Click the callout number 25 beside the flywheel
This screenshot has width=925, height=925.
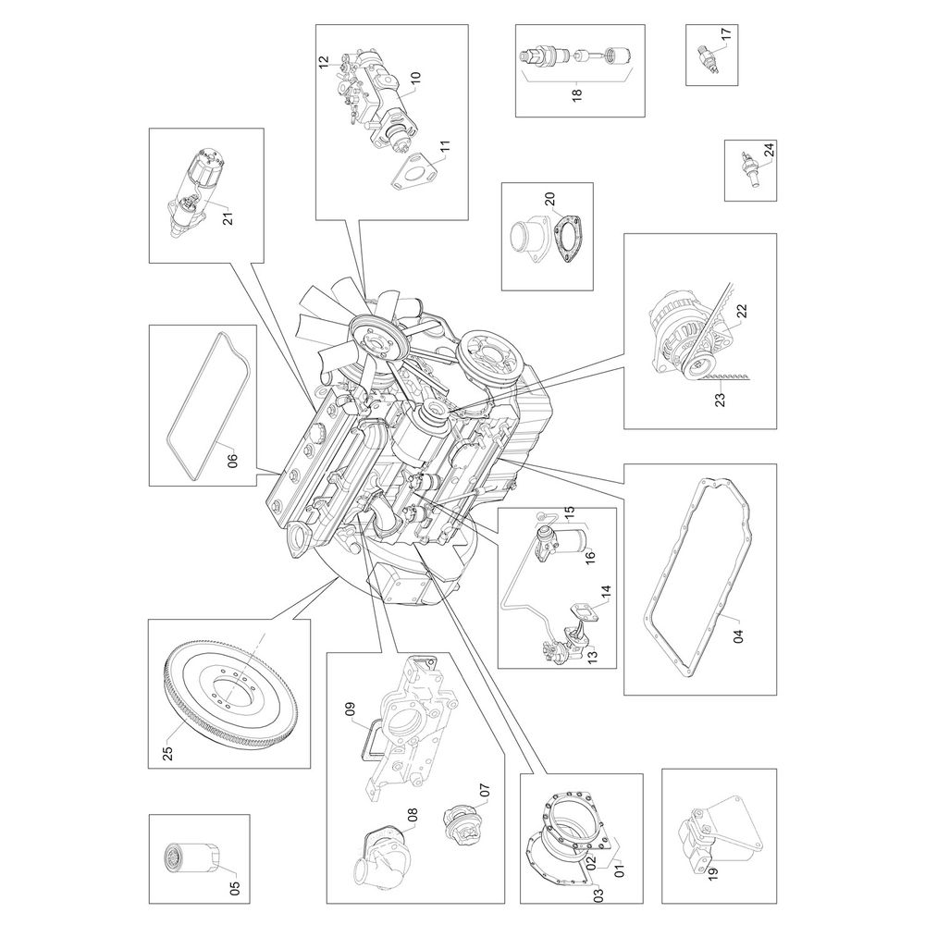pyautogui.click(x=168, y=753)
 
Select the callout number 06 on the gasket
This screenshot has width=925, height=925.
pyautogui.click(x=232, y=459)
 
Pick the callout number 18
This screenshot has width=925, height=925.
pyautogui.click(x=576, y=92)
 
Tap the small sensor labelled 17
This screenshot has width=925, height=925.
pyautogui.click(x=708, y=61)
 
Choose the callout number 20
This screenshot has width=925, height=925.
pyautogui.click(x=549, y=200)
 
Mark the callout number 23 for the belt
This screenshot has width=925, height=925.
pyautogui.click(x=720, y=400)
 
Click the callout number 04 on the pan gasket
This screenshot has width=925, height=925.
pyautogui.click(x=738, y=636)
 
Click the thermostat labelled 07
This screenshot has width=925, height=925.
pyautogui.click(x=463, y=820)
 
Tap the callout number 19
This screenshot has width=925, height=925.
pyautogui.click(x=712, y=875)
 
